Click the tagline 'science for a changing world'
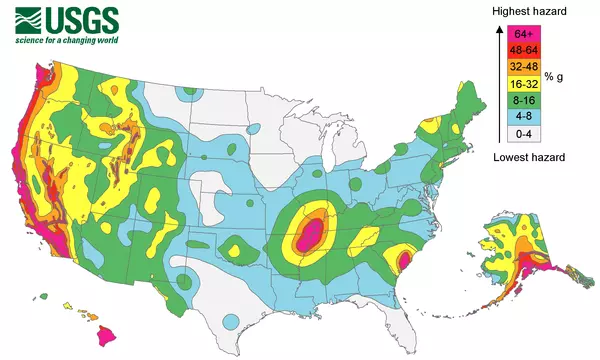click(x=66, y=40)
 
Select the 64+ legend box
click(x=521, y=33)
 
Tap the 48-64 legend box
click(x=521, y=50)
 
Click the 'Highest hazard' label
click(x=530, y=11)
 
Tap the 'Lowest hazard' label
click(x=530, y=157)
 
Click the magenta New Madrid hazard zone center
click(x=310, y=236)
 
